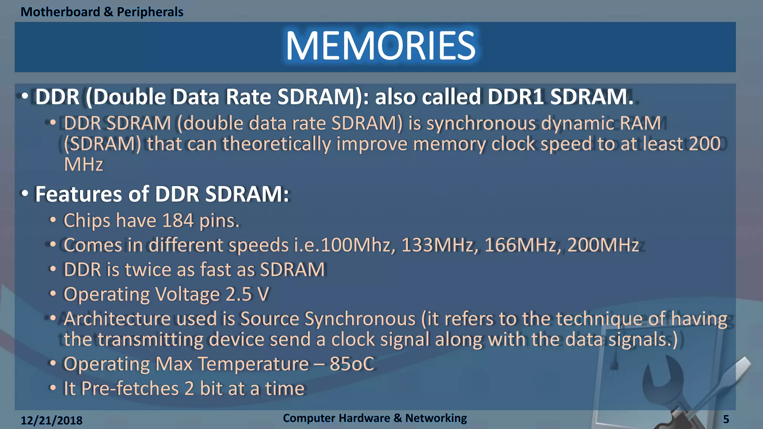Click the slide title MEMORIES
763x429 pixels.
click(x=380, y=46)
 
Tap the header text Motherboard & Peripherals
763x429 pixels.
click(x=102, y=12)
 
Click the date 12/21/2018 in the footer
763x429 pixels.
click(x=51, y=420)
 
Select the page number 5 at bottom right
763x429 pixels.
click(x=726, y=419)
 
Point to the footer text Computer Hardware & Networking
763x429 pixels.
click(x=374, y=418)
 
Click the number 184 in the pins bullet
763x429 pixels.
click(x=178, y=220)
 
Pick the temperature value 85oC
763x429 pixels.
click(x=351, y=364)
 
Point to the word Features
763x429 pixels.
click(x=78, y=194)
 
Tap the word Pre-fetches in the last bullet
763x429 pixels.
click(x=130, y=388)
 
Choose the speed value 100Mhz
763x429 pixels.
click(x=356, y=245)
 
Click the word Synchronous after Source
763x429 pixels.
click(x=360, y=319)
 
